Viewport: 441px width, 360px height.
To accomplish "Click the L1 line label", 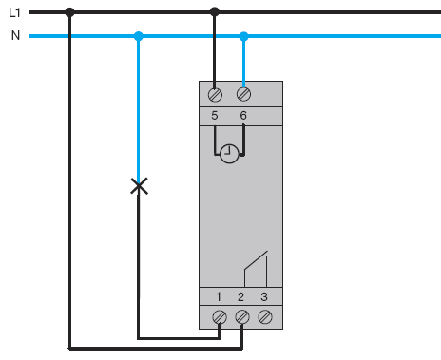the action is click(14, 12).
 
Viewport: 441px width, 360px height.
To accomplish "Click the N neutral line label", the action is click(15, 35).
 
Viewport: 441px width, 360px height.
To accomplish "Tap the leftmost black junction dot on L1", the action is click(69, 12).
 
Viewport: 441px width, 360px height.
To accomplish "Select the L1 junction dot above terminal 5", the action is click(215, 12).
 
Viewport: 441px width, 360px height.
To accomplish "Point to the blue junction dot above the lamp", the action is click(138, 36).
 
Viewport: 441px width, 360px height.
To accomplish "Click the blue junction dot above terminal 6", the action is click(243, 36).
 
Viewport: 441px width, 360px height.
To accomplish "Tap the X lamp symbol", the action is click(139, 186).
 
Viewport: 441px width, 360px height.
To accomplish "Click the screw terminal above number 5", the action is click(215, 95).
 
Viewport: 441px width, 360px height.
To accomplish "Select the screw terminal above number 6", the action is click(243, 94).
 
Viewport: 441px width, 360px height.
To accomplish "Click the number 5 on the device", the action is click(215, 116).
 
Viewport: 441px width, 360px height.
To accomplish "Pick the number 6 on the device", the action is click(243, 116).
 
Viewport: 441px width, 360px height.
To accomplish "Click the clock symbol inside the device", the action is click(229, 154).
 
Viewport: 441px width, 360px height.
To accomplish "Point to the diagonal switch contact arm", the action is click(256, 260).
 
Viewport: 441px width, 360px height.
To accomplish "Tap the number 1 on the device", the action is click(219, 297).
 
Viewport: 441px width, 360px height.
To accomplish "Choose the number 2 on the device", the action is click(240, 297).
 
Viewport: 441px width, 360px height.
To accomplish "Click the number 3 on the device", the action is click(264, 297).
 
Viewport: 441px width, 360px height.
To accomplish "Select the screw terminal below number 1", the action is click(220, 317).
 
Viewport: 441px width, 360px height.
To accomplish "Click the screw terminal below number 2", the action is click(242, 317).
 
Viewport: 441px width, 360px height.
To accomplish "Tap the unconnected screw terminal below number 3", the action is click(265, 317).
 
